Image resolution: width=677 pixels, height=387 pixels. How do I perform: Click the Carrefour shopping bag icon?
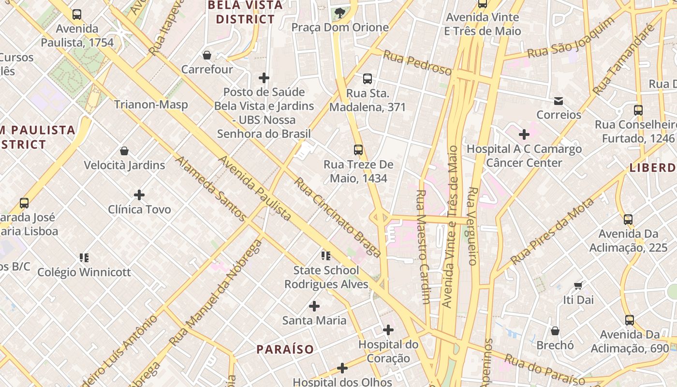coord(207,55)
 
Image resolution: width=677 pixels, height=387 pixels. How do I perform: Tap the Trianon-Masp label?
coord(151,104)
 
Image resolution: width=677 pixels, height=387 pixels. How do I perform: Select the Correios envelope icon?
coord(559,101)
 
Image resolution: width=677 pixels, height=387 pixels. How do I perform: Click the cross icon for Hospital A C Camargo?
coord(524,134)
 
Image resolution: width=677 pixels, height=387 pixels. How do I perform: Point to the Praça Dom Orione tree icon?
coord(340,13)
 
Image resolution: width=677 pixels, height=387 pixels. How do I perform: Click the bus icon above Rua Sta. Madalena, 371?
coord(368,78)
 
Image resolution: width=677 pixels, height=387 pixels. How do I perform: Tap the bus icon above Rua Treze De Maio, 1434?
coord(358,150)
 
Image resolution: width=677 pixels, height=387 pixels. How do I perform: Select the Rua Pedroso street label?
coord(417,63)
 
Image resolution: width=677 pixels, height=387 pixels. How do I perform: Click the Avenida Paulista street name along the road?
coord(255,188)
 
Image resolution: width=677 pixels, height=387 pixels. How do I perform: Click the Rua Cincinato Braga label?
coord(338,217)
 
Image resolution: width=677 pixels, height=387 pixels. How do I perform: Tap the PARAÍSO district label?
coord(285,349)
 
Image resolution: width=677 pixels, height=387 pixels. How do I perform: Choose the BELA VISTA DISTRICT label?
coord(245,13)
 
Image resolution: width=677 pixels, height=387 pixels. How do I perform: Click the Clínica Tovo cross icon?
coord(139,195)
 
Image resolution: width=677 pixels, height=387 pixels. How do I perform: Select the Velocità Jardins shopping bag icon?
coord(124,151)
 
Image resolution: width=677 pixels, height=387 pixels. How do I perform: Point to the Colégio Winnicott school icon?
coord(84,257)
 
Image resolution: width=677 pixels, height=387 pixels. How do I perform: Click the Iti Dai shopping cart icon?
coord(578,285)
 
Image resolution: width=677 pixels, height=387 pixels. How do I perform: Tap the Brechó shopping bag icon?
coord(555,331)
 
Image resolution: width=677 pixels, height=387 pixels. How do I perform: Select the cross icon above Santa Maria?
coord(314,306)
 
